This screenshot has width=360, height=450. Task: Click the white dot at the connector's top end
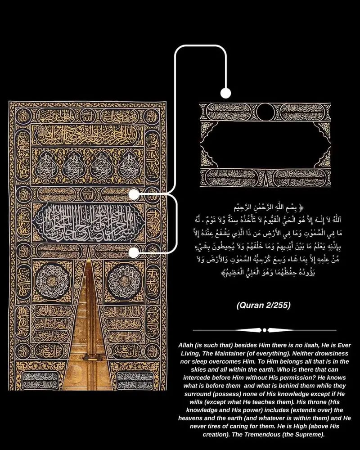coord(225,93)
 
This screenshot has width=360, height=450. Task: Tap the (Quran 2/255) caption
coord(264,306)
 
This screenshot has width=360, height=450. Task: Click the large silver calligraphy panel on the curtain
coord(88,223)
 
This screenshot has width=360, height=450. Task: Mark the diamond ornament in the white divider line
coord(264,330)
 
